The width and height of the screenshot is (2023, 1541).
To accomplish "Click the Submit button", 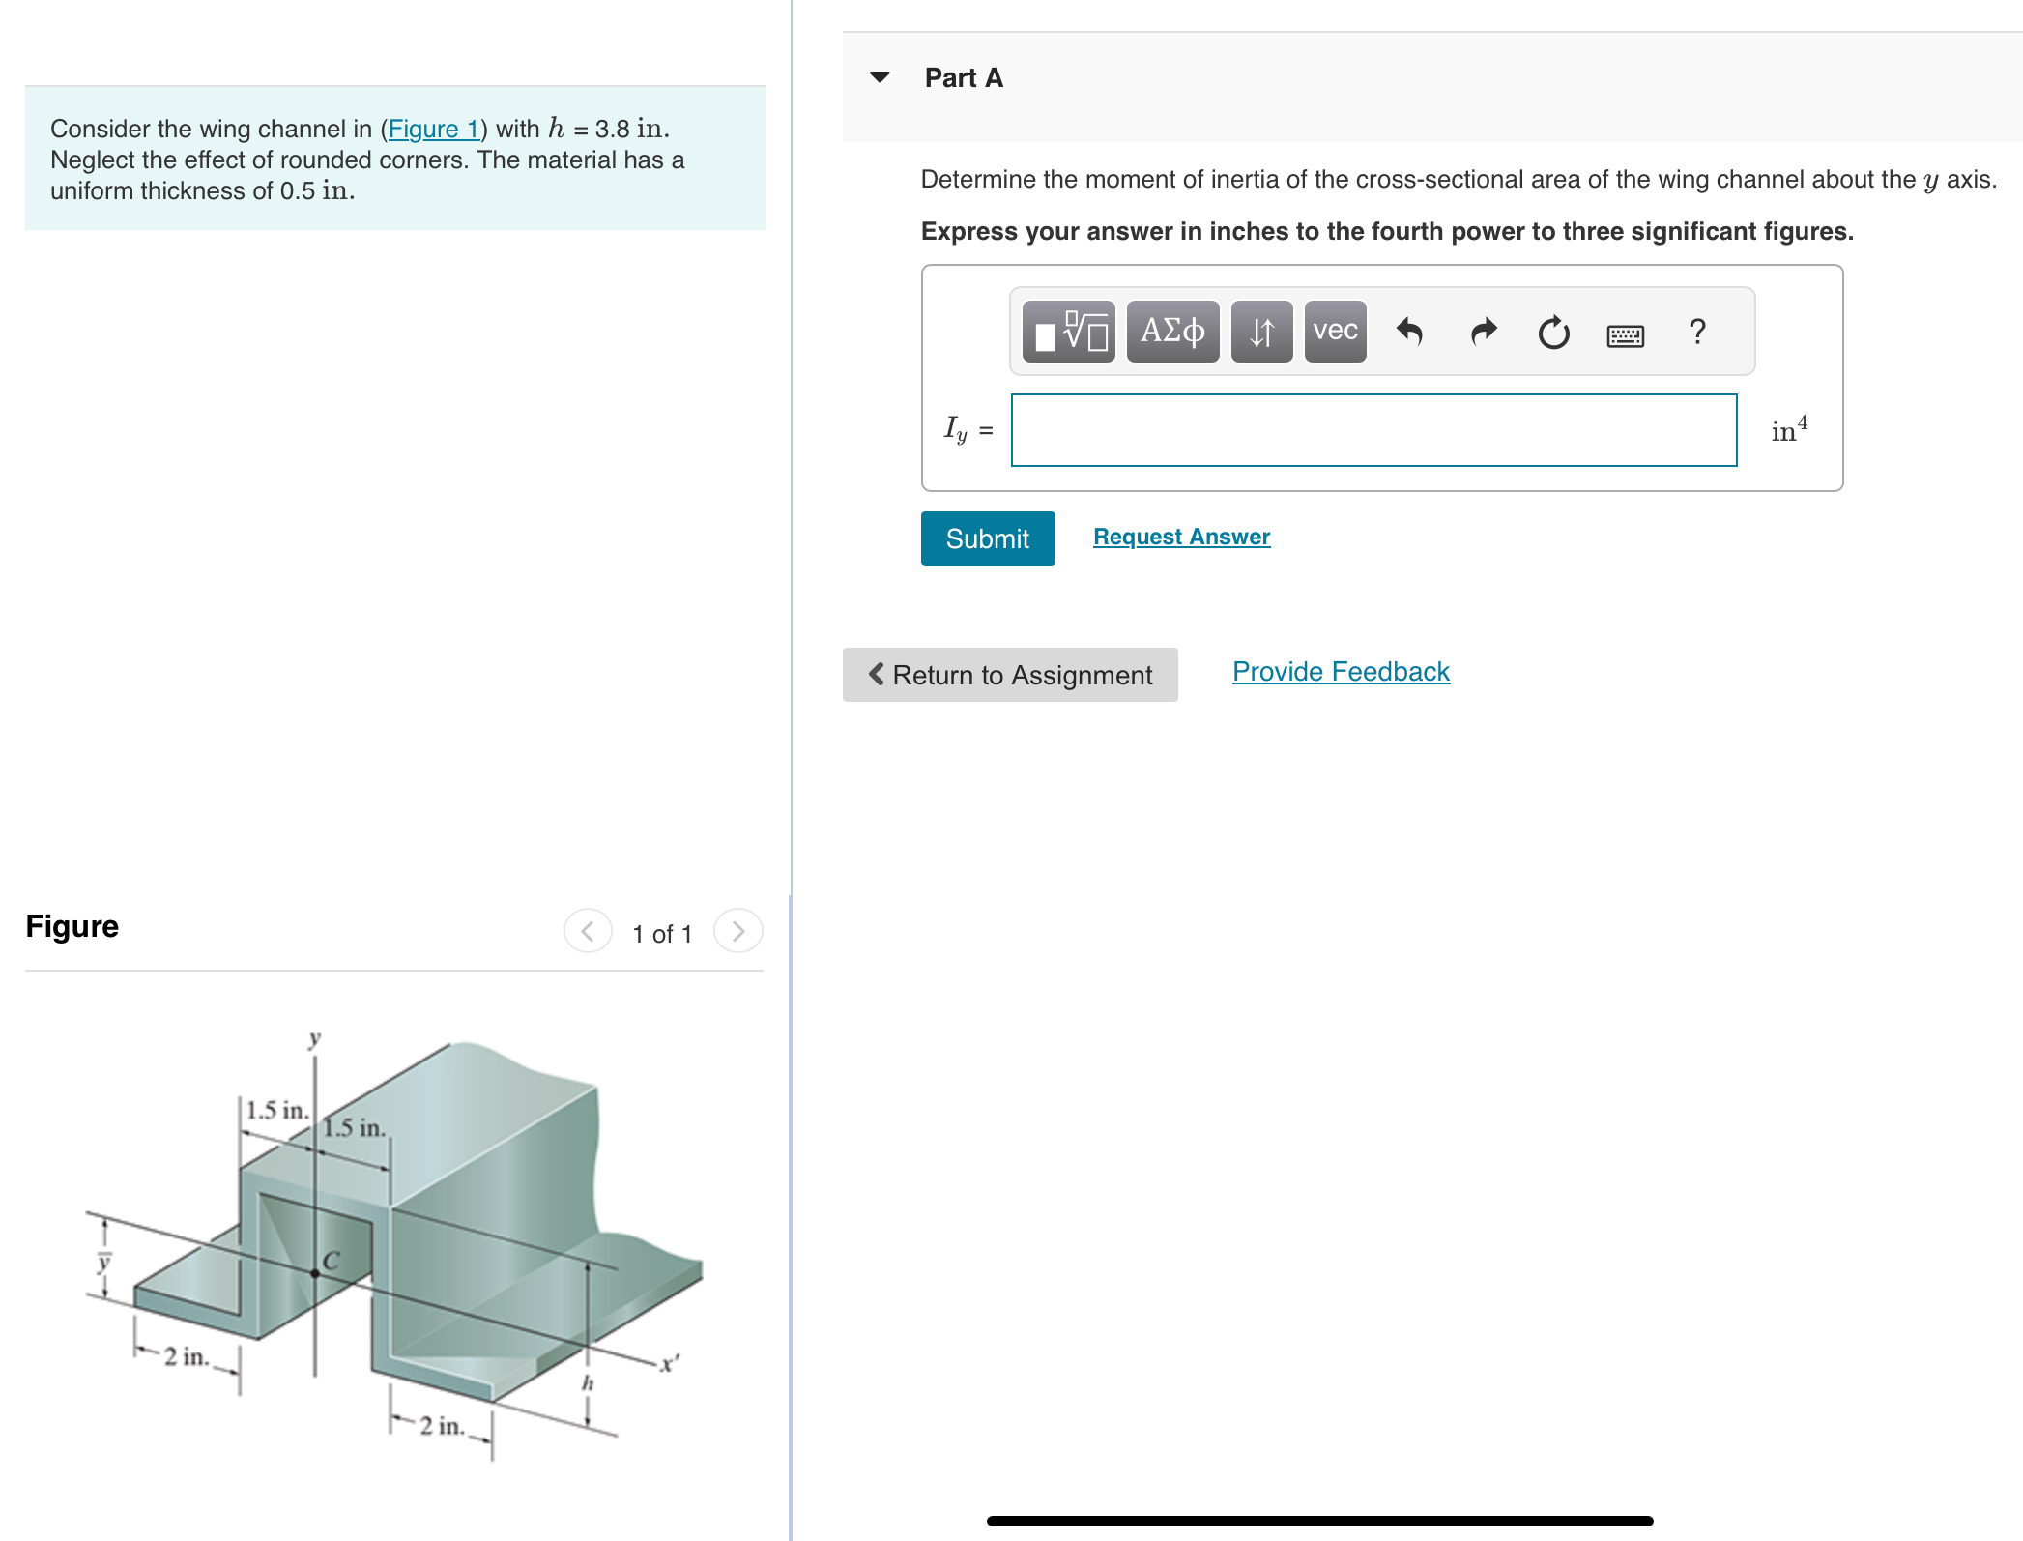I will pyautogui.click(x=987, y=538).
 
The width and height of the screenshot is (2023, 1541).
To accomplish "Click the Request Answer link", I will pyautogui.click(x=1181, y=537).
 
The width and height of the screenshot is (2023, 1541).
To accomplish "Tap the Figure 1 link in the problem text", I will pyautogui.click(x=433, y=129).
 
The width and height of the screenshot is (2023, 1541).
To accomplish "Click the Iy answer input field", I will pyautogui.click(x=1373, y=430).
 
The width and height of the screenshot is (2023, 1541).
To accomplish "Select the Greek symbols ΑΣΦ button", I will pyautogui.click(x=1172, y=332).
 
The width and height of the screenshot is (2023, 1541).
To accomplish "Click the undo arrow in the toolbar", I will pyautogui.click(x=1409, y=332).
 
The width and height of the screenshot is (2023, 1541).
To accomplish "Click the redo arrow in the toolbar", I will pyautogui.click(x=1483, y=332).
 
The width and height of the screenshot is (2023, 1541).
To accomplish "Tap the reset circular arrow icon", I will pyautogui.click(x=1553, y=333).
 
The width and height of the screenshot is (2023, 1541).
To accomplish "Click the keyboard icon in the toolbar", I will pyautogui.click(x=1625, y=335).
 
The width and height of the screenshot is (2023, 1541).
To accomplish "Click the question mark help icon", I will pyautogui.click(x=1697, y=332).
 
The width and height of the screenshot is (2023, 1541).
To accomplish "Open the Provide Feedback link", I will pyautogui.click(x=1341, y=672).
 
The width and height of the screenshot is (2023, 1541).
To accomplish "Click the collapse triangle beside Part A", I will pyautogui.click(x=880, y=77).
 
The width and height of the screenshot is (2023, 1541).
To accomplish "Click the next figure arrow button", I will pyautogui.click(x=738, y=931).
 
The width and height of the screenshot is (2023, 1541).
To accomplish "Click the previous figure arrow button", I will pyautogui.click(x=588, y=931).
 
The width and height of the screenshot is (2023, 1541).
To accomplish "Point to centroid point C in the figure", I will pyautogui.click(x=315, y=1273).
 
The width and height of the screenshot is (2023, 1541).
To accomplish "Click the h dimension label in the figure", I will pyautogui.click(x=587, y=1382).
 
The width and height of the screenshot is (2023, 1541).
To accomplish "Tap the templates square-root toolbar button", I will pyautogui.click(x=1069, y=332).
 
